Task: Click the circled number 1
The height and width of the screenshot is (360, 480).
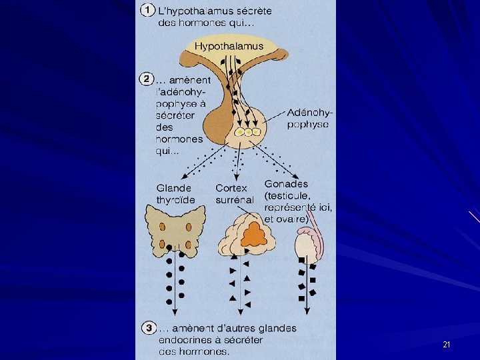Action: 148,11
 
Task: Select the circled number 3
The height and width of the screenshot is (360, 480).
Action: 148,328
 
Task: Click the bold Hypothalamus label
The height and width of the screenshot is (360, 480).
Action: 229,47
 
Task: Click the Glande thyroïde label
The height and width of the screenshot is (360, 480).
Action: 175,193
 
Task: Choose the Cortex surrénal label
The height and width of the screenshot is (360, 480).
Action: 234,193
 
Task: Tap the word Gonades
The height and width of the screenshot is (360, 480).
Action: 286,183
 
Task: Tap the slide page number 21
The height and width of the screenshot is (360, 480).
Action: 446,345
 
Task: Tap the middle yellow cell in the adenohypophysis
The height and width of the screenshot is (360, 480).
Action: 247,133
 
